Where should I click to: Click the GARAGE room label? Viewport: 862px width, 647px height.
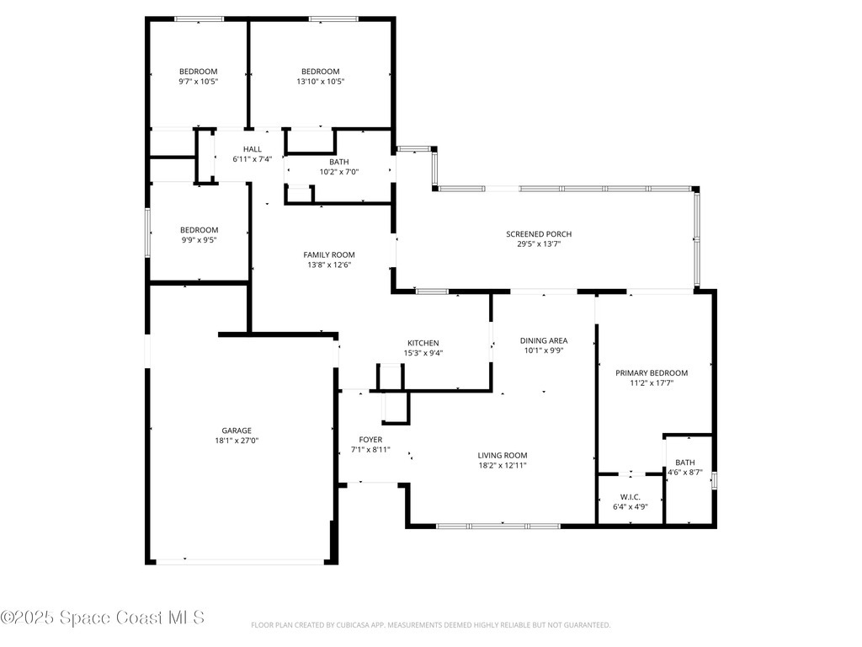point(237,430)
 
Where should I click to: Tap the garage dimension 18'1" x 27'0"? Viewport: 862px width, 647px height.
point(237,441)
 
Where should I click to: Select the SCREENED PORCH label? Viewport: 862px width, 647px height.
point(545,234)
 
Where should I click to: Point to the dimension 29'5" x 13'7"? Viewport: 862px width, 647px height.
point(545,244)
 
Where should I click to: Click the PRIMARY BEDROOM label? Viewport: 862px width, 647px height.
point(652,373)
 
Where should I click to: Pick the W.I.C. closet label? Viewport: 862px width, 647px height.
point(630,497)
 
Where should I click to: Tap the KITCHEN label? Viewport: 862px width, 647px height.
point(423,343)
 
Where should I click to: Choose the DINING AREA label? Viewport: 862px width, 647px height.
point(543,341)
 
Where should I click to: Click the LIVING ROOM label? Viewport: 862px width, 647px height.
point(503,455)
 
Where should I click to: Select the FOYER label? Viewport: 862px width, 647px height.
point(370,440)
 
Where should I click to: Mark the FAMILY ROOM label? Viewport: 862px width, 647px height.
point(329,254)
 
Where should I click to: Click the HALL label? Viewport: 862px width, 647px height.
point(253,149)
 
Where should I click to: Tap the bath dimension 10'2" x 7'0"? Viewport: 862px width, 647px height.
point(339,172)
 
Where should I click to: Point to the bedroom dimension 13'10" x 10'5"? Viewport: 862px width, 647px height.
point(321,82)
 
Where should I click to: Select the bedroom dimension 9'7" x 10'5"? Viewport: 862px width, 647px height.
point(199,82)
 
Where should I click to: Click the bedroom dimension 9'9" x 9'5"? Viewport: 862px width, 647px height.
point(199,240)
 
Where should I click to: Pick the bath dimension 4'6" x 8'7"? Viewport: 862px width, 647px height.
point(685,473)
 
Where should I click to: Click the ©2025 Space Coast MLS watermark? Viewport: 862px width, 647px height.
point(103,618)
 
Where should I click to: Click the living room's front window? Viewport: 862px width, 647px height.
point(498,527)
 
